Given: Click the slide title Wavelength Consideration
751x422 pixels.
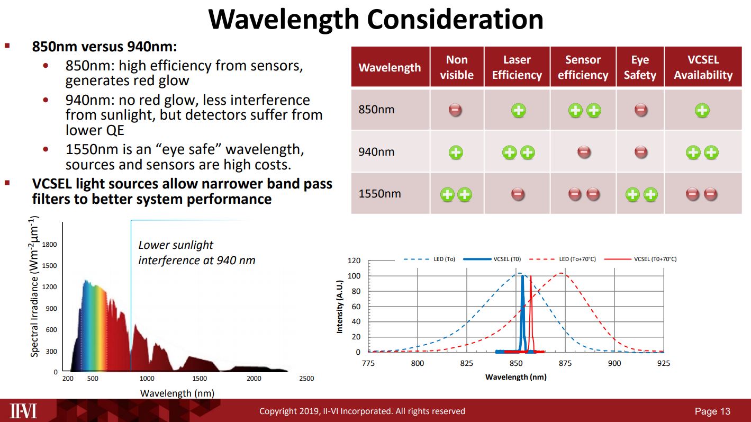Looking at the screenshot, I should pyautogui.click(x=375, y=20).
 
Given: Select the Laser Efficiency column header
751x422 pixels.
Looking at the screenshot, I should pyautogui.click(x=517, y=67).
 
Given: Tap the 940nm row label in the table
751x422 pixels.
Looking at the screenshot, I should pyautogui.click(x=376, y=152).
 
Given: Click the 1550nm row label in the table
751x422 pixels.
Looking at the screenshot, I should pyautogui.click(x=379, y=194).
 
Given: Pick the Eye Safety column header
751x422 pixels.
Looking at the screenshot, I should pyautogui.click(x=639, y=67).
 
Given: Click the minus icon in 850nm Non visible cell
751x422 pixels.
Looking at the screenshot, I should pyautogui.click(x=456, y=110).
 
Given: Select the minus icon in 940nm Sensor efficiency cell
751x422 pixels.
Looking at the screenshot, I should pyautogui.click(x=584, y=152).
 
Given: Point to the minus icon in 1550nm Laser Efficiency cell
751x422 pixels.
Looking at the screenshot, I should pyautogui.click(x=518, y=194).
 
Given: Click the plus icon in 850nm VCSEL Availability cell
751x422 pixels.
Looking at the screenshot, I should pyautogui.click(x=702, y=110).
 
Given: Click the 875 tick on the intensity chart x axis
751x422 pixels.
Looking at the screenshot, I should pyautogui.click(x=565, y=363).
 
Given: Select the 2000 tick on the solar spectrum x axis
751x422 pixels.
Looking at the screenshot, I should pyautogui.click(x=254, y=379).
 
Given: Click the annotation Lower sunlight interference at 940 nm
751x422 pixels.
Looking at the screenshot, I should pyautogui.click(x=196, y=253).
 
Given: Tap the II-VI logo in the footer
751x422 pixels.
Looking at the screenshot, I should pyautogui.click(x=24, y=411).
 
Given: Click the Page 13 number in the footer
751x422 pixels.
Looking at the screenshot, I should pyautogui.click(x=712, y=411).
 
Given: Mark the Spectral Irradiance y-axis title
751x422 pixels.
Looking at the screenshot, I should pyautogui.click(x=34, y=286).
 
